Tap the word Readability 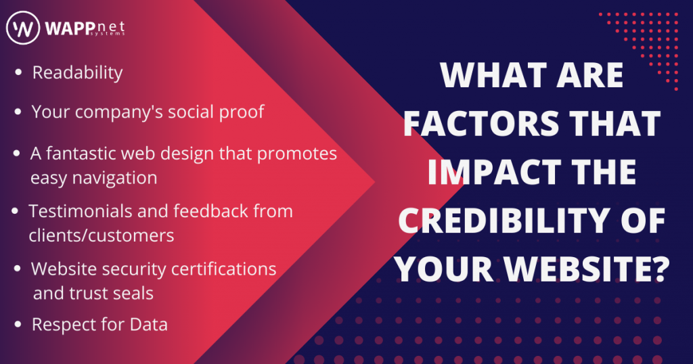pos(78,73)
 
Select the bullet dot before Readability pos(18,72)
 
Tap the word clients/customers pos(102,235)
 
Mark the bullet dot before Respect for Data pos(18,325)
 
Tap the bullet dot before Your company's pos(18,112)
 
